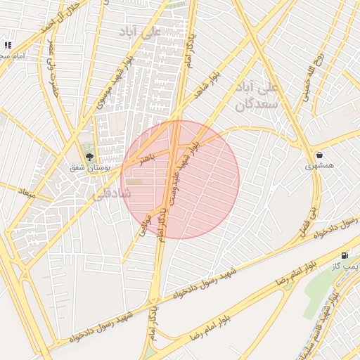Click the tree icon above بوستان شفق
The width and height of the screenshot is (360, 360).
(x=89, y=156)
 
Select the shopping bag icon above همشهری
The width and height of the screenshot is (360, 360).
(x=320, y=155)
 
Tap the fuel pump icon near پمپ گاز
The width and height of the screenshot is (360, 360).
(x=344, y=255)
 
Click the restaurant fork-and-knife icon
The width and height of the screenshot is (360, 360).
(x=7, y=45)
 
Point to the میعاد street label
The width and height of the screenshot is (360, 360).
(x=27, y=191)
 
